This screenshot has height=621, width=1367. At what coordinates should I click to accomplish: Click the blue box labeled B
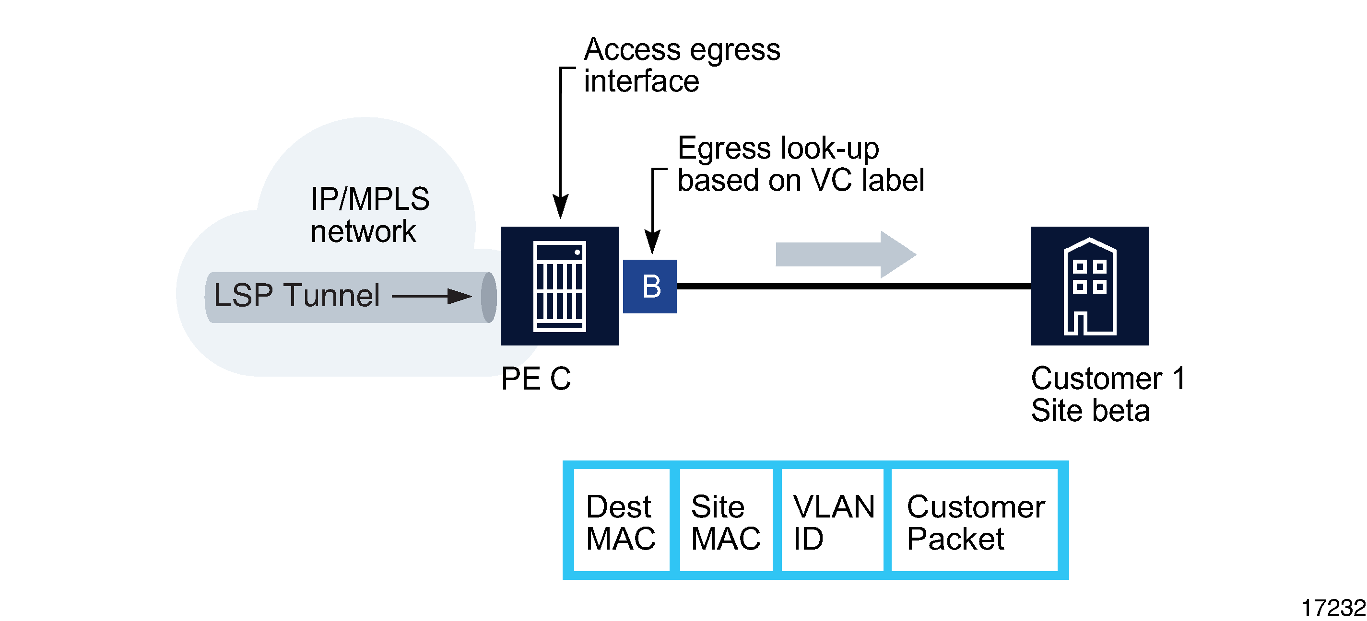[x=649, y=287]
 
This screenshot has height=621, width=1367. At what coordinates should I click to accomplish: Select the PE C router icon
[x=559, y=286]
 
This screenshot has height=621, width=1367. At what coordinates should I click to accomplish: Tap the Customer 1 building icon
[x=1089, y=286]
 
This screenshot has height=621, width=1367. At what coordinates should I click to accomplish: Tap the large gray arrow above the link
[x=845, y=254]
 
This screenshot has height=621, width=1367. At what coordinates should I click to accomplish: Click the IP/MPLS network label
[x=369, y=215]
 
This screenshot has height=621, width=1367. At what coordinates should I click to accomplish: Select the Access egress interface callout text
[x=682, y=65]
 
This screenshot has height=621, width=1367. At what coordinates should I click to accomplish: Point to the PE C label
[x=535, y=379]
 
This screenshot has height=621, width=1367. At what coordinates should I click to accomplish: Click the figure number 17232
[x=1332, y=608]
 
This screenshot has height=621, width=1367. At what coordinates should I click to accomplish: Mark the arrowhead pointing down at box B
[x=652, y=242]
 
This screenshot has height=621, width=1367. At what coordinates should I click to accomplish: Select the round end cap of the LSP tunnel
[x=489, y=297]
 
